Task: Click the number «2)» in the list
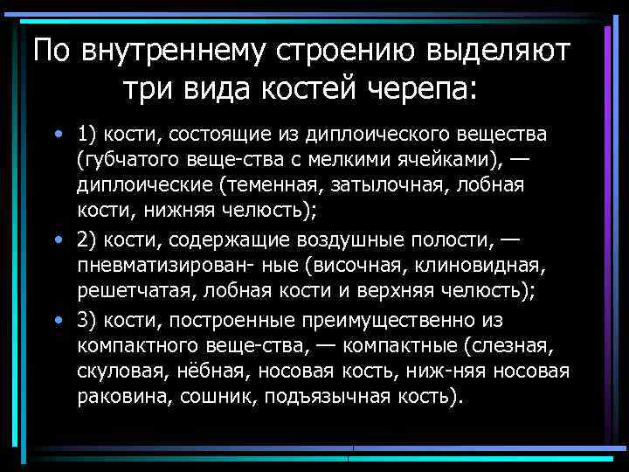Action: click(88, 240)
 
